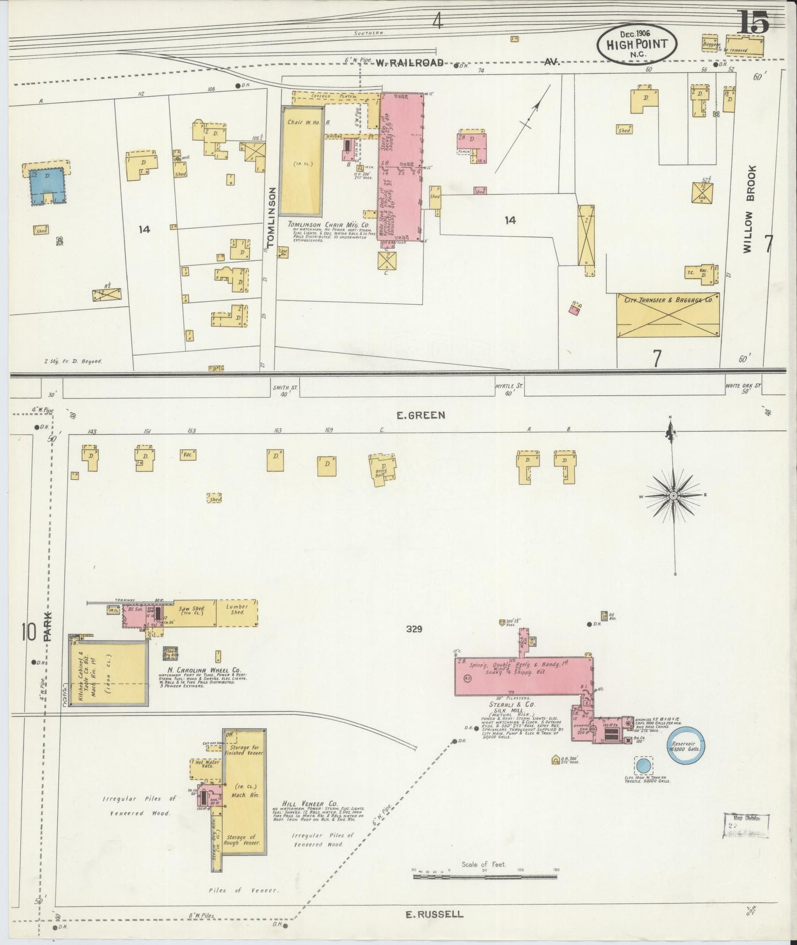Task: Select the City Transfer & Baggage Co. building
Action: click(667, 315)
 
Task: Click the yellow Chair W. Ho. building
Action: click(301, 160)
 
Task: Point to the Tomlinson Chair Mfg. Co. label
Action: click(327, 225)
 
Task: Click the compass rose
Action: click(673, 496)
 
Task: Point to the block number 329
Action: click(413, 629)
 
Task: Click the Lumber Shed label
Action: click(237, 609)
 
